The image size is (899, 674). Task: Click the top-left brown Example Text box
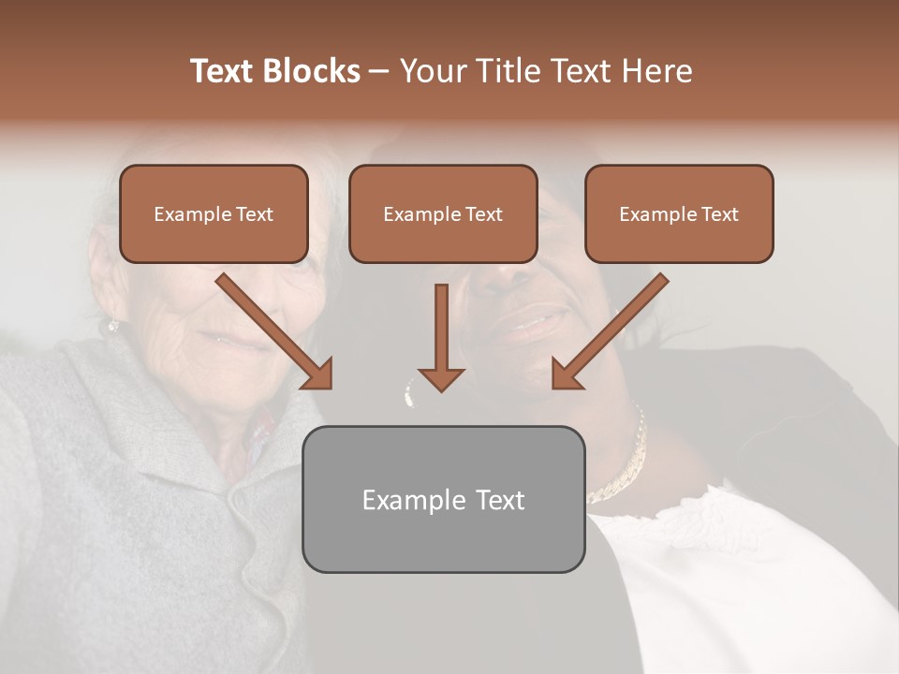click(214, 214)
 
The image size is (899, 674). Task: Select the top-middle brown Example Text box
click(443, 214)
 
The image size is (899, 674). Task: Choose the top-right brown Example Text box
click(679, 214)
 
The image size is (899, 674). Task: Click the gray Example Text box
click(443, 499)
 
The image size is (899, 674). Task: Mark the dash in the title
click(379, 71)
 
